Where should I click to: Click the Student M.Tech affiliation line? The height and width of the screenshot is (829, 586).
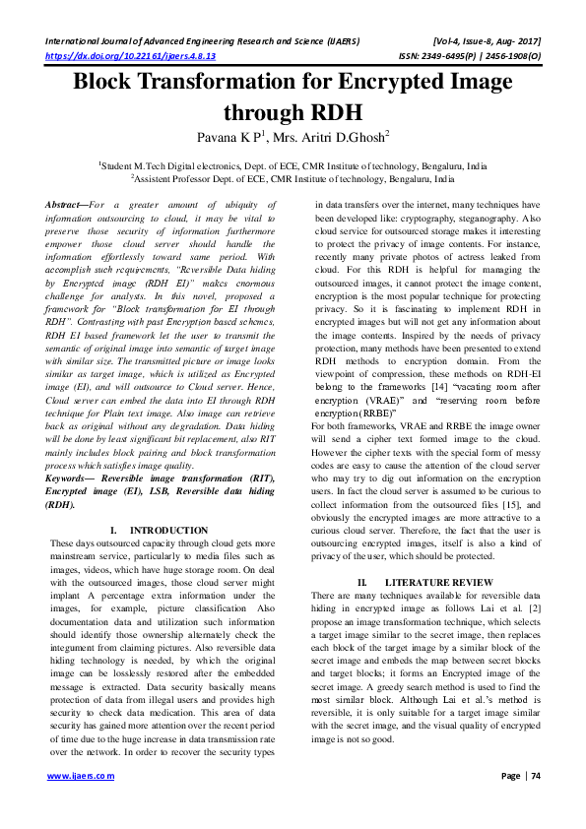coord(293,167)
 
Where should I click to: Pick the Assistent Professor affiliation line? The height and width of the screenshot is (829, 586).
coord(293,180)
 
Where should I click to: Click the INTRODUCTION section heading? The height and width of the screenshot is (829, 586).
coord(168,530)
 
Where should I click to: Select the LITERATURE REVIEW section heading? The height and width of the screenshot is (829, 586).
coord(438,583)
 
